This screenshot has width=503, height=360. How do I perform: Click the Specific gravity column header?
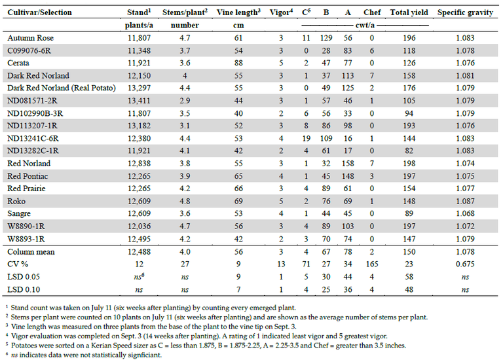pyautogui.click(x=465, y=12)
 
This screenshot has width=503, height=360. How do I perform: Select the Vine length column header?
pyautogui.click(x=238, y=12)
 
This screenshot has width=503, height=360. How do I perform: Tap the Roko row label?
pyautogui.click(x=16, y=201)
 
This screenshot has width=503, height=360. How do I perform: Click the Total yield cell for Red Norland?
pyautogui.click(x=409, y=164)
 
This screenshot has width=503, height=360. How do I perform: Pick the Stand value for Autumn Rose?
pyautogui.click(x=139, y=38)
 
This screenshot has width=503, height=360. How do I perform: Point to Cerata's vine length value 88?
pyautogui.click(x=238, y=63)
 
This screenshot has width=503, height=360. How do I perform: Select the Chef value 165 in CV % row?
pyautogui.click(x=372, y=264)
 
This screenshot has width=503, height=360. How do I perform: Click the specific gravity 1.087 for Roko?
pyautogui.click(x=465, y=201)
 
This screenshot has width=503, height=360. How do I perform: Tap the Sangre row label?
pyautogui.click(x=19, y=213)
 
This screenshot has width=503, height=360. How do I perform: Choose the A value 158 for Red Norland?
pyautogui.click(x=348, y=164)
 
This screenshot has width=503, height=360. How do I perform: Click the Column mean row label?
pyautogui.click(x=31, y=251)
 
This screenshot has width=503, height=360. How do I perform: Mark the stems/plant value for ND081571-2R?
pyautogui.click(x=185, y=101)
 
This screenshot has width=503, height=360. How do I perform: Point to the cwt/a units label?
pyautogui.click(x=365, y=25)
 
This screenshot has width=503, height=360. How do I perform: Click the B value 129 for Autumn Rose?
pyautogui.click(x=326, y=38)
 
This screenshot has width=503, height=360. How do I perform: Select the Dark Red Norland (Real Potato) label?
pyautogui.click(x=62, y=88)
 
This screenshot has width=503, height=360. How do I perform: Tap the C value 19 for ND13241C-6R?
pyautogui.click(x=306, y=139)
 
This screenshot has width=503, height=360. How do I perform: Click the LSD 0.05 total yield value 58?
pyautogui.click(x=409, y=277)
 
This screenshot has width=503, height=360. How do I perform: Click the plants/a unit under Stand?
pyautogui.click(x=139, y=26)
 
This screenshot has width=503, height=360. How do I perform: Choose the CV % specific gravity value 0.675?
pyautogui.click(x=465, y=264)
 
